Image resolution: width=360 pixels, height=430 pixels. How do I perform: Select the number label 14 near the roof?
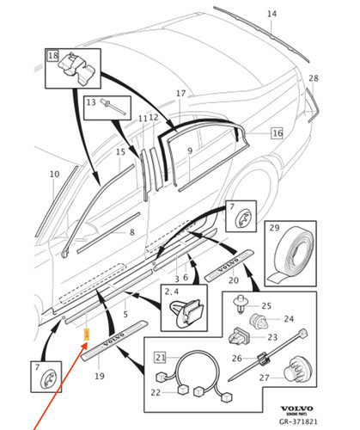coord(272,15)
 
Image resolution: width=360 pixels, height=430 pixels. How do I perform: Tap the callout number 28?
coord(314,78)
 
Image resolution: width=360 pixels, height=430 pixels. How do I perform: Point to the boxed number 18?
coord(52,56)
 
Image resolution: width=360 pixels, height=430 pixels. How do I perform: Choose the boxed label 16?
coord(277,133)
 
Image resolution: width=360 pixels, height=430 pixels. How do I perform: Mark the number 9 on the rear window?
coord(189,151)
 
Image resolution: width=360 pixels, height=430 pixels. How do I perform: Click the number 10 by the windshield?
coord(53,175)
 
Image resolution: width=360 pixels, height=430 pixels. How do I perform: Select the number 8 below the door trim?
coord(131,232)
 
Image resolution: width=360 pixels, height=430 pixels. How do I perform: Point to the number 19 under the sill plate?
coord(100,376)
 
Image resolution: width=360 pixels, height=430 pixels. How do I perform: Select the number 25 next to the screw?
coord(266,305)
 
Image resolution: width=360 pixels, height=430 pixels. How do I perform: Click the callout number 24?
coord(288,320)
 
